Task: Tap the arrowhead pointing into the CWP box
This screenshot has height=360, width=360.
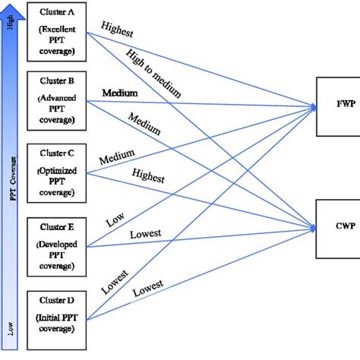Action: pyautogui.click(x=311, y=226)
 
